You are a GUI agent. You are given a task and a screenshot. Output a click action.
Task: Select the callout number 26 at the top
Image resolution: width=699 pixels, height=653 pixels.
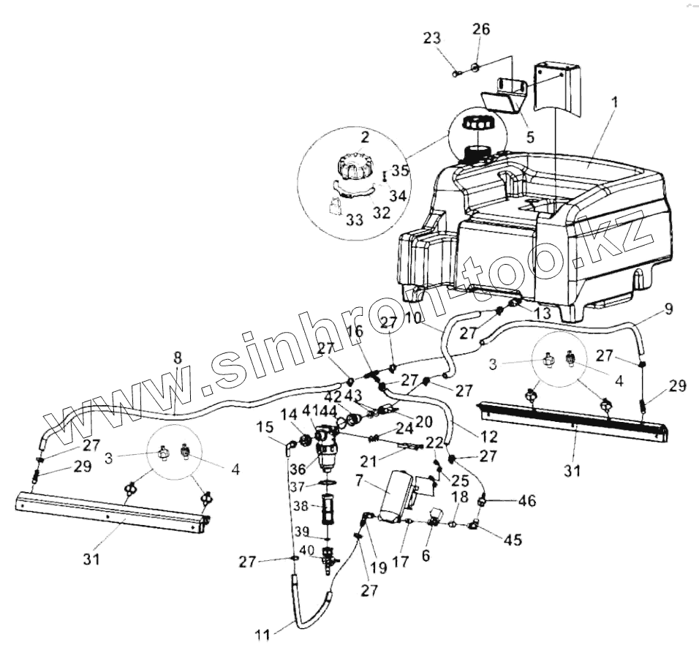pyautogui.click(x=480, y=30)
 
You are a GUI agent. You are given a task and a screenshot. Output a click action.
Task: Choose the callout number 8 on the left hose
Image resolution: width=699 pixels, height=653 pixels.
pyautogui.click(x=176, y=360)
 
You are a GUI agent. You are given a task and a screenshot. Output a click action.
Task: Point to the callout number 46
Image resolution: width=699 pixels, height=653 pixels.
pyautogui.click(x=526, y=501)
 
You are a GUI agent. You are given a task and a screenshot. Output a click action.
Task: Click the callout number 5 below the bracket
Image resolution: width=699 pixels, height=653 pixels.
pyautogui.click(x=530, y=136)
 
